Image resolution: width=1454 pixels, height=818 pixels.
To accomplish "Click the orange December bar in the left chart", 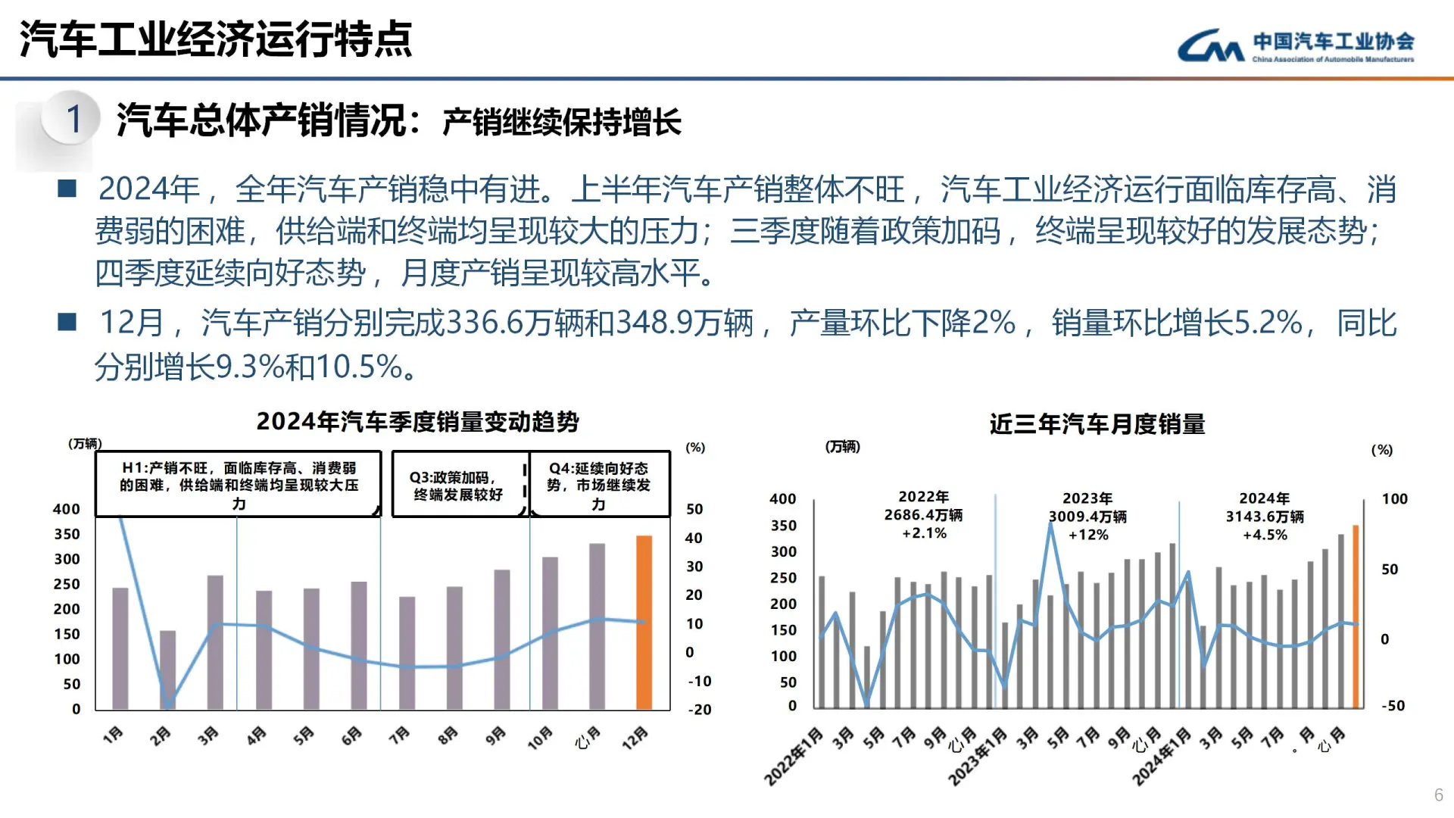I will pyautogui.click(x=644, y=623).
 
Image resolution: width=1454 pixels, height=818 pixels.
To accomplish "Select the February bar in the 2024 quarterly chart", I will pyautogui.click(x=167, y=670).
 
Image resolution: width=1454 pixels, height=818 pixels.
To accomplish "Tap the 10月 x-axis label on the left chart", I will pyautogui.click(x=540, y=738).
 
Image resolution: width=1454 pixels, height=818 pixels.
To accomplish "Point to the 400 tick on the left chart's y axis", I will pyautogui.click(x=67, y=510).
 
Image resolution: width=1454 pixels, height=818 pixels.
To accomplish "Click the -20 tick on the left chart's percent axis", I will pyautogui.click(x=700, y=710).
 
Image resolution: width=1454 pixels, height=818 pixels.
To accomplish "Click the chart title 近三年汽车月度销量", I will pyautogui.click(x=1097, y=424).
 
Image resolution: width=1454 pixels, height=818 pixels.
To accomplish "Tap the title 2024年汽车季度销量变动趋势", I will pyautogui.click(x=417, y=422).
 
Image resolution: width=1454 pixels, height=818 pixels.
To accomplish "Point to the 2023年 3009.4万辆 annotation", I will pyautogui.click(x=1087, y=517).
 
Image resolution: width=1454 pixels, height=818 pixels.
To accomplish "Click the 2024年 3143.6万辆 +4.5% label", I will pyautogui.click(x=1265, y=517).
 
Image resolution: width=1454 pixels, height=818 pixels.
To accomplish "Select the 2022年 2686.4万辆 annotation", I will pyautogui.click(x=924, y=515).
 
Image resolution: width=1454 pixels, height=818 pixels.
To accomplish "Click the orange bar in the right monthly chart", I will pyautogui.click(x=1356, y=617).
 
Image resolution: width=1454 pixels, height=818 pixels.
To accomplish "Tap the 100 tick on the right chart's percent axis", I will pyautogui.click(x=1394, y=499).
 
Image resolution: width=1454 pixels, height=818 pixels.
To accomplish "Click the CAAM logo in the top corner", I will pyautogui.click(x=1296, y=46).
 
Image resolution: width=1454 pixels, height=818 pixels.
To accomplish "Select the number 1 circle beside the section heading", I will pyautogui.click(x=73, y=119).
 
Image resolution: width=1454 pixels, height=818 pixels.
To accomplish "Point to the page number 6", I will pyautogui.click(x=1438, y=795).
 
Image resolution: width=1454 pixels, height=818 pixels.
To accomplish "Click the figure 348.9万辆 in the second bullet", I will pyautogui.click(x=685, y=323).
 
